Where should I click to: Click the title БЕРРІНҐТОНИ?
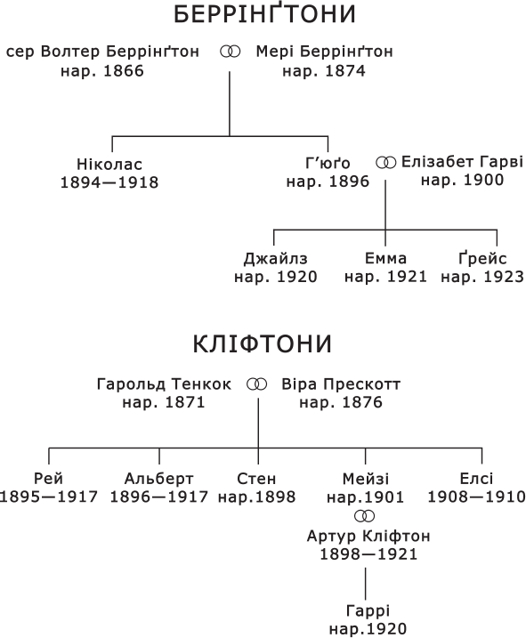264,13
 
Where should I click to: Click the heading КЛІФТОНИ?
263,343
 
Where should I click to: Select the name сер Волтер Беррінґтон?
102,52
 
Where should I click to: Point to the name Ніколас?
109,165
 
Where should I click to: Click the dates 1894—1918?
109,182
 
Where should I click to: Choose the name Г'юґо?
328,163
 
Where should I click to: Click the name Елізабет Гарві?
462,162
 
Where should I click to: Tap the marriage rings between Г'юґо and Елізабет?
386,163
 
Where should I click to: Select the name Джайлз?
276,259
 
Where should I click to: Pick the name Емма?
385,258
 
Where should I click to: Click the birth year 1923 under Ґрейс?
504,277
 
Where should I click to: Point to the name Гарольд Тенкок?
164,384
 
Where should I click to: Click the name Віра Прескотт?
341,384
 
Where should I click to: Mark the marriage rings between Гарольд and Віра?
257,384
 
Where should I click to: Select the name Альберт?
158,479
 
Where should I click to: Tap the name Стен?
256,479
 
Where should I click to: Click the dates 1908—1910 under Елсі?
476,497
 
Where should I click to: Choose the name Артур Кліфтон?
368,536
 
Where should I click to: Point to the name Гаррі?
368,610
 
